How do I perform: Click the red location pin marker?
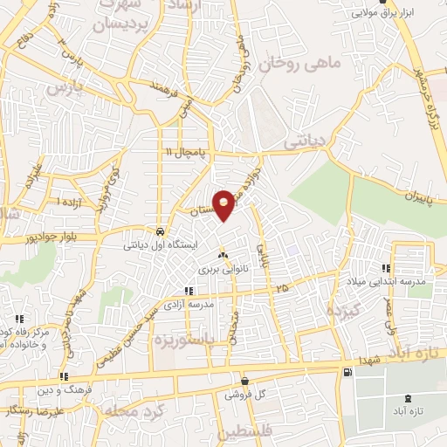pos(224,204)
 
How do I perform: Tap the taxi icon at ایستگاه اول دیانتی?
pos(160,232)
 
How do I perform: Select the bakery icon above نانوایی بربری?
pos(223,256)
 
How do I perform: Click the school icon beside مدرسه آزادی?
pos(187,291)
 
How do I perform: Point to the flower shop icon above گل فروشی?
pos(244,381)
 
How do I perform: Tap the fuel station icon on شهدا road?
pos(348,373)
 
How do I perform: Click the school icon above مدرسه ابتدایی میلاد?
pos(385,268)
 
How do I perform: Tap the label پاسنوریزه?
pos(205,338)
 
